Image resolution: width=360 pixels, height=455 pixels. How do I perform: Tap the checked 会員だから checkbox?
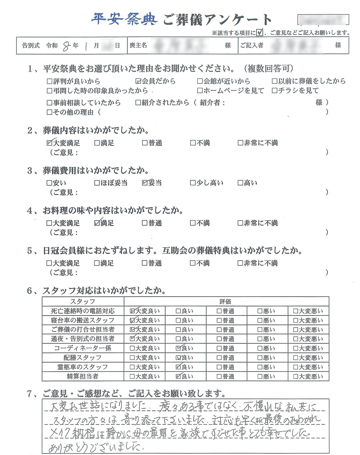[138, 81]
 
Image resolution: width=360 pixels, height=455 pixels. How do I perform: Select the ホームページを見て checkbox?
[200, 90]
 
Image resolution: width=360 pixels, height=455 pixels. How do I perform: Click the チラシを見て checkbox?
[275, 90]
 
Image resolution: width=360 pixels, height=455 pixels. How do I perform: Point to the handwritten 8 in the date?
[66, 46]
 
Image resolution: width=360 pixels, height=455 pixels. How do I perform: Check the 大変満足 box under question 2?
[50, 143]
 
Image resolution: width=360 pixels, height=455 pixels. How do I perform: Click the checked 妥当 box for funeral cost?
[145, 183]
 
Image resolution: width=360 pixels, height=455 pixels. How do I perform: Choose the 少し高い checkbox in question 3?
[193, 183]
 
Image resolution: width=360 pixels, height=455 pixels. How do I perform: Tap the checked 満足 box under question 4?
[97, 223]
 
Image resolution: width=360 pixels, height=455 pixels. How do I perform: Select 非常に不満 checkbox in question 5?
[240, 263]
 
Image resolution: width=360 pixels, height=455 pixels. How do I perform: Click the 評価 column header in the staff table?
[226, 301]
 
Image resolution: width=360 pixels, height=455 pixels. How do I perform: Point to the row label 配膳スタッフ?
[83, 357]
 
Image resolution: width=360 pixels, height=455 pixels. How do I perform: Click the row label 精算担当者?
[83, 376]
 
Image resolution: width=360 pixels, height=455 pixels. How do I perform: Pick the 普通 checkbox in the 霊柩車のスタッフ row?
[219, 367]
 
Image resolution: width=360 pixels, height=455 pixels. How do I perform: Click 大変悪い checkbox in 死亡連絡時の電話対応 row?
[296, 311]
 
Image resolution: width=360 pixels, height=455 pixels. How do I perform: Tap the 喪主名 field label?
[139, 46]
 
